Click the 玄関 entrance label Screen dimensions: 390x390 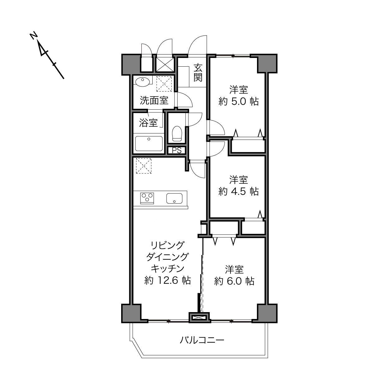click(198, 73)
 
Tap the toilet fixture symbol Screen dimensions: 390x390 click(177, 134)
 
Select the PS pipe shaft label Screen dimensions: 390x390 click(177, 150)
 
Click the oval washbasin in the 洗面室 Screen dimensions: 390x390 click(142, 82)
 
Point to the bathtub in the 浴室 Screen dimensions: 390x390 click(149, 144)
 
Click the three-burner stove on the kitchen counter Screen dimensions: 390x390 click(147, 198)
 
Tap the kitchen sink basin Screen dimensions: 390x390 click(174, 198)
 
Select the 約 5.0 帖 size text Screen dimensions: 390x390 click(239, 102)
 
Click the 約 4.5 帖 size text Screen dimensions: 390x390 click(239, 192)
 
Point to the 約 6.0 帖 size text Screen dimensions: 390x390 click(234, 281)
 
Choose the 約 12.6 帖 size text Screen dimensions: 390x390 click(168, 281)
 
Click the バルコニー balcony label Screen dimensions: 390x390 click(202, 340)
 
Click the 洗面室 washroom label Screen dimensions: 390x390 click(154, 100)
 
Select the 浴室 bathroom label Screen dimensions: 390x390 click(148, 123)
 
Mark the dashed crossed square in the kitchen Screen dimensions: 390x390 click(144, 166)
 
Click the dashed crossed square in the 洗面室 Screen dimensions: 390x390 click(164, 84)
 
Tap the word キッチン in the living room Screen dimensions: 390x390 click(168, 269)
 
